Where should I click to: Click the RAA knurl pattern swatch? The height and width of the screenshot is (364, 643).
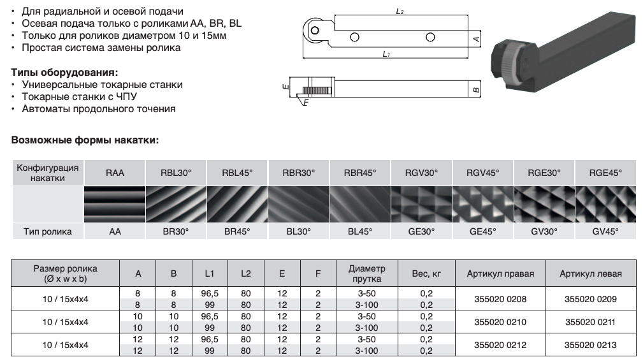(x=115, y=203)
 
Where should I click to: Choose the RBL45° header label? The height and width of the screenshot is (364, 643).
(x=238, y=173)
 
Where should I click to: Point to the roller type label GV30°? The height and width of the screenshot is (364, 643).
(x=545, y=232)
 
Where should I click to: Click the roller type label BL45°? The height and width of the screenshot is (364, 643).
(x=361, y=232)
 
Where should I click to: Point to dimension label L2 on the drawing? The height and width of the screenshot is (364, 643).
(x=400, y=12)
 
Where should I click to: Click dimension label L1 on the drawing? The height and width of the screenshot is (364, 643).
(x=386, y=55)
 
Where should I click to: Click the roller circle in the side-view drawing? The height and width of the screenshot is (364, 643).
(x=314, y=29)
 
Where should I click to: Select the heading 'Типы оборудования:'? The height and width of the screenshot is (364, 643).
(x=65, y=71)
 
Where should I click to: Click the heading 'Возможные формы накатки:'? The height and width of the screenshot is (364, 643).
(x=85, y=140)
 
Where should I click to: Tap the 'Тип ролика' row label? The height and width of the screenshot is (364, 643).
(x=47, y=232)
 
